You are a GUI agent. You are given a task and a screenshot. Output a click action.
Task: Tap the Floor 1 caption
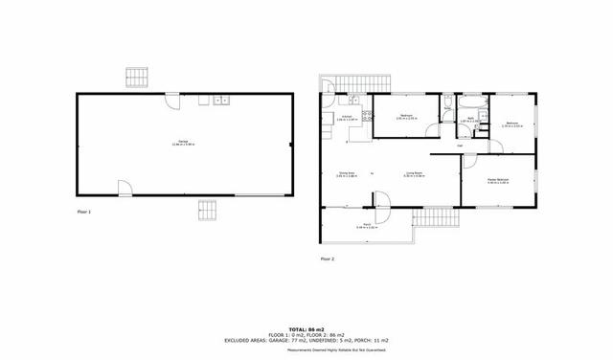point(84,210)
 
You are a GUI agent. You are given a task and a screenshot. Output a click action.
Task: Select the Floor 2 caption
point(327,259)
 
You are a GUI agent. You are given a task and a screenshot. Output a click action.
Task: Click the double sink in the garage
point(221,100)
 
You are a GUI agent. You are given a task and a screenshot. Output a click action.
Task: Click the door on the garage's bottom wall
point(125,188)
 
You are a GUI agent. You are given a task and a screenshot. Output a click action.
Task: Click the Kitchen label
point(347,118)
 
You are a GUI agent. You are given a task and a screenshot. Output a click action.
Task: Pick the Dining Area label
point(347,174)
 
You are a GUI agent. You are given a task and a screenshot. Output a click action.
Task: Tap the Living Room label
point(414,174)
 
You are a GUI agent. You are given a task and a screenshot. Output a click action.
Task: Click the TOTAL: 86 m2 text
point(306,328)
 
